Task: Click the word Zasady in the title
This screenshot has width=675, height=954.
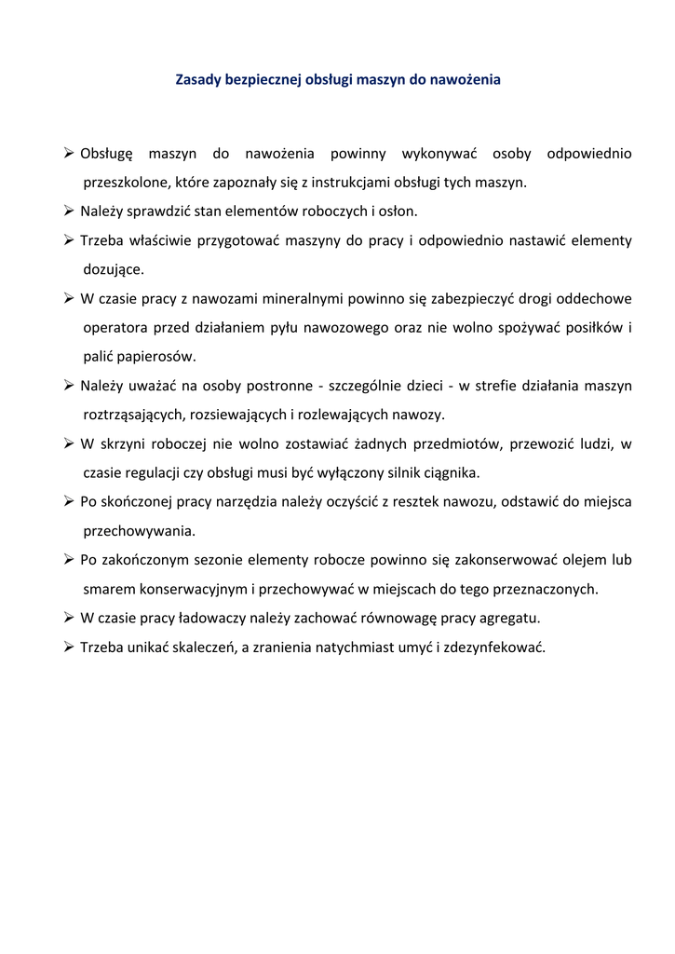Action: (197, 80)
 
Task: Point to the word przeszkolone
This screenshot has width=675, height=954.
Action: (126, 182)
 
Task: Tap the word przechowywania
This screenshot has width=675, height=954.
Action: (139, 531)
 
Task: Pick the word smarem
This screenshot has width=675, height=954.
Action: (109, 589)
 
